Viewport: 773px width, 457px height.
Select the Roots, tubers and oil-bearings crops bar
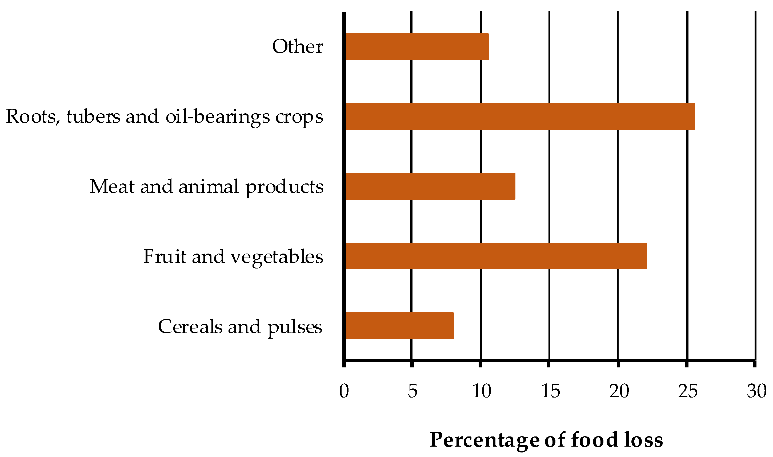click(x=520, y=117)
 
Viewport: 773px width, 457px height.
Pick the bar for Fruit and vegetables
click(x=496, y=256)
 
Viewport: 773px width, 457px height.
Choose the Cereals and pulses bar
click(x=399, y=326)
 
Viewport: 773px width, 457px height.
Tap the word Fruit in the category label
click(x=165, y=256)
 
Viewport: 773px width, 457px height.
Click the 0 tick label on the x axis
click(x=344, y=391)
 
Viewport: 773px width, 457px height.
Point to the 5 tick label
click(x=413, y=391)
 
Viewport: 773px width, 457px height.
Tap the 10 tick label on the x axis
click(x=481, y=391)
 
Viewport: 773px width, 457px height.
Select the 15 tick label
click(x=550, y=391)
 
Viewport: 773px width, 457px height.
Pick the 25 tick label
click(x=688, y=391)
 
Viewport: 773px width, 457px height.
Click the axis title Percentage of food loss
click(x=546, y=440)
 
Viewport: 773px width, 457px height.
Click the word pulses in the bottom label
click(x=295, y=327)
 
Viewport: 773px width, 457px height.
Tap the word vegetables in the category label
click(x=277, y=257)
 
